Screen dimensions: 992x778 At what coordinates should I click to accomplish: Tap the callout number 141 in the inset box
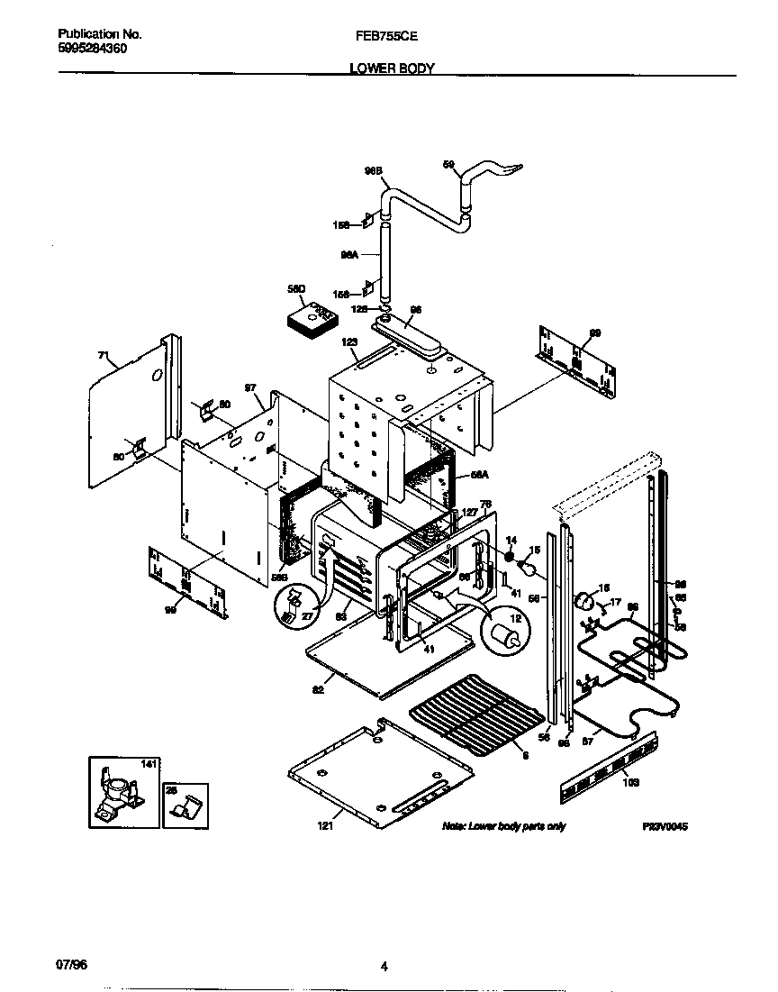coord(149,764)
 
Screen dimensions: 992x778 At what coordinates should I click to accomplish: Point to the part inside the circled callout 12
coord(506,633)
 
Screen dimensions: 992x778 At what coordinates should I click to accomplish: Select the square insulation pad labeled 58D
coord(310,322)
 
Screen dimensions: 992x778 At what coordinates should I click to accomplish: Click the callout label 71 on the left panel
coord(102,357)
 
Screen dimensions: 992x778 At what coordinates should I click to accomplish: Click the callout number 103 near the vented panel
coord(630,783)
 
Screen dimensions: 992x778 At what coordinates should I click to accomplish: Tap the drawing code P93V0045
coord(665,826)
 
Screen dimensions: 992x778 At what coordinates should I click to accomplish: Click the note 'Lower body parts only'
coord(503,826)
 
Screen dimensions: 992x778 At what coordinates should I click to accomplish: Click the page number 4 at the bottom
coord(384,967)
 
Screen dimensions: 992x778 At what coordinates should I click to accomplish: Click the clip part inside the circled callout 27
coord(291,608)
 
